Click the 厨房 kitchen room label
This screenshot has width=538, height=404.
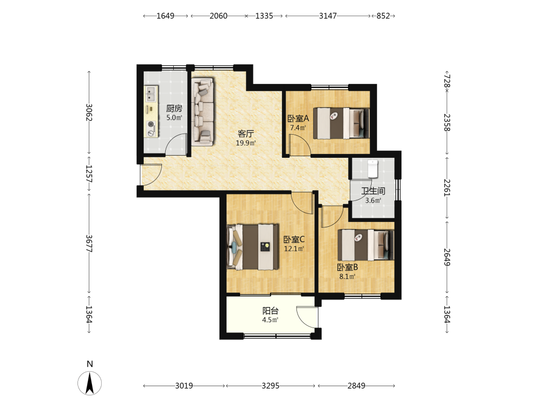(174, 109)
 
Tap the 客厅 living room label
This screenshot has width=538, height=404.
(246, 134)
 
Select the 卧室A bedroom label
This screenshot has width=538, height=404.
(298, 119)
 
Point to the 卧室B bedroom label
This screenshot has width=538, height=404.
(347, 267)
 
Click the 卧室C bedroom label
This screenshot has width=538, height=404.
(294, 239)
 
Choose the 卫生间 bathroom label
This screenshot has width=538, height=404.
(373, 191)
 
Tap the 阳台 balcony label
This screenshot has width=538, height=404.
(271, 311)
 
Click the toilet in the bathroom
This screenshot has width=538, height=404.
(373, 169)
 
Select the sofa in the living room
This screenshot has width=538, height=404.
(202, 112)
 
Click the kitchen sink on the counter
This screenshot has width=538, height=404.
(151, 94)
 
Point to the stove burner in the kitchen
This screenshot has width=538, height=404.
(150, 124)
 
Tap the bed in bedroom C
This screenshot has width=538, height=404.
(252, 247)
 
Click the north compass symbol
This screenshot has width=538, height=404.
(89, 382)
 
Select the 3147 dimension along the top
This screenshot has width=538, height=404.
(328, 16)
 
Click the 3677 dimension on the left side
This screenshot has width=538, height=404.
(89, 243)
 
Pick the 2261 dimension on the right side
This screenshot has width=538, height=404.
(447, 187)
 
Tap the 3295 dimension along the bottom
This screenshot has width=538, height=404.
(271, 386)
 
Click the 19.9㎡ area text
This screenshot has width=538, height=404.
(246, 143)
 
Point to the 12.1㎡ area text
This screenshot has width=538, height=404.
(294, 248)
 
